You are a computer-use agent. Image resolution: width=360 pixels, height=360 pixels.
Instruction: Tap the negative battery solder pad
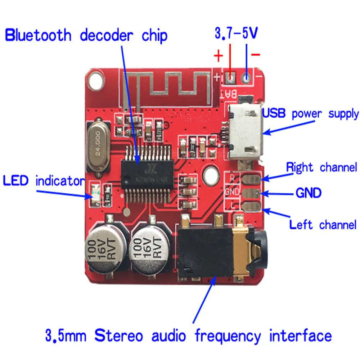pos(247,77)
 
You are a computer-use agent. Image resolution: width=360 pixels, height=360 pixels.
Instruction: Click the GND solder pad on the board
pos(251,193)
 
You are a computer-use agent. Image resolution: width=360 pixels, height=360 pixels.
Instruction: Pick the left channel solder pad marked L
pos(251,207)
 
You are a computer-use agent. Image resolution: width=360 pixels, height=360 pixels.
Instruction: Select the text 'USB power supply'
pos(311,114)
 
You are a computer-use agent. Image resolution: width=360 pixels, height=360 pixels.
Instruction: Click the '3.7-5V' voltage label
pos(237,34)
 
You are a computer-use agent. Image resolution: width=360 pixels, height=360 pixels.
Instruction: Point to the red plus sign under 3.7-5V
pos(218,56)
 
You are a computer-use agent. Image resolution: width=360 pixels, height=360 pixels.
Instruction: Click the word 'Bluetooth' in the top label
pos(38,36)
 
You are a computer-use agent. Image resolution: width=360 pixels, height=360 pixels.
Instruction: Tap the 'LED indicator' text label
pos(44,181)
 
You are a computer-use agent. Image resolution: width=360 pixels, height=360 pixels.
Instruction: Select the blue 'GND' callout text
pos(308,193)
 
